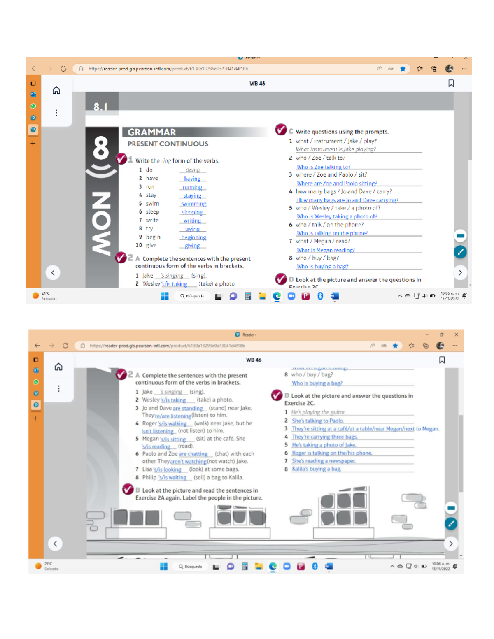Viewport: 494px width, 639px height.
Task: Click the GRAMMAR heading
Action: (x=151, y=132)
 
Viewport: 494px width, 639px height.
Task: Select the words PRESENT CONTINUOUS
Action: (x=168, y=144)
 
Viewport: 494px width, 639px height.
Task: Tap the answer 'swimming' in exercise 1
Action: (x=193, y=204)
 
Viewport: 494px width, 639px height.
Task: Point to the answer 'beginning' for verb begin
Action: (x=193, y=237)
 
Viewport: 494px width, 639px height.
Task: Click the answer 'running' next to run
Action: (x=192, y=187)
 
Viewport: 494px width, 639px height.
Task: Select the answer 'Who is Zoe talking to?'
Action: (x=323, y=167)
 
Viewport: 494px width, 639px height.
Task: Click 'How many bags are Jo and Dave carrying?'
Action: (x=347, y=200)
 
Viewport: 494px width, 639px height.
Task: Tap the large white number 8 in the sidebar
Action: (x=101, y=149)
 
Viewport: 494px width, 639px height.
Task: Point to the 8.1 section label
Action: (x=100, y=107)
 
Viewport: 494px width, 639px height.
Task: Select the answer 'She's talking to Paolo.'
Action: (x=317, y=421)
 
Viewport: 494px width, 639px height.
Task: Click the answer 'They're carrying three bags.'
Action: (x=324, y=437)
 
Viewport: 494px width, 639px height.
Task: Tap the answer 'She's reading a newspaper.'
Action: (x=324, y=461)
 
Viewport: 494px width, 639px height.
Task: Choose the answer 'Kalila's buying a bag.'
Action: (x=316, y=469)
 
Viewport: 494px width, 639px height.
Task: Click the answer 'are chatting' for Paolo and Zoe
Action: (x=193, y=454)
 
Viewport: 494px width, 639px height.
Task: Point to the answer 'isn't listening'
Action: (x=157, y=431)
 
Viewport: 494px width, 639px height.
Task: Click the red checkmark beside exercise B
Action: (x=128, y=489)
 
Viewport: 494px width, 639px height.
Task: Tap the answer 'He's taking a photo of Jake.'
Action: (x=324, y=445)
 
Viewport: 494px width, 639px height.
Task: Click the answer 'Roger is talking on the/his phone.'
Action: (x=332, y=453)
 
